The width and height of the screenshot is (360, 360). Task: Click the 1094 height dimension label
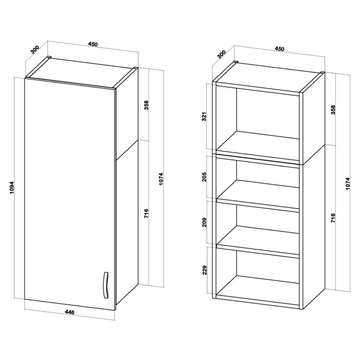coord(12,188)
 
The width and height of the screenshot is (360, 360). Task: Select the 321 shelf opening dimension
coord(204,117)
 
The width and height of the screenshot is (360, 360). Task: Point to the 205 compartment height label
coord(204,177)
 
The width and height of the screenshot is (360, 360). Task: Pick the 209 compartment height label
coord(205,222)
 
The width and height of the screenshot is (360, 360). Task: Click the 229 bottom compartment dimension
coord(205,270)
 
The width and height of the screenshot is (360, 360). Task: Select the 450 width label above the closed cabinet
coord(93,44)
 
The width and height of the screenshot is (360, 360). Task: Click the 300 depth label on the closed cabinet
coord(35,50)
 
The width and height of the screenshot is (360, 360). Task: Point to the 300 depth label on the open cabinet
coord(222,54)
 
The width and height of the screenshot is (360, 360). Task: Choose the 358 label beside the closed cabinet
coord(146,105)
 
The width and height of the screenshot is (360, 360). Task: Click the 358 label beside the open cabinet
coord(333,110)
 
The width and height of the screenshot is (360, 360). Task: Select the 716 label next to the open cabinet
coord(333,218)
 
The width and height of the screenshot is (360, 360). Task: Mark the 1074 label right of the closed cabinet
coord(161,179)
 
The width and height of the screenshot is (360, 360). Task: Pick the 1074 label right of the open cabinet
coord(348,184)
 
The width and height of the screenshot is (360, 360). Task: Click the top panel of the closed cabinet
coord(82,73)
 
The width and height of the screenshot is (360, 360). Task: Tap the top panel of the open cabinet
coord(268,77)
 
